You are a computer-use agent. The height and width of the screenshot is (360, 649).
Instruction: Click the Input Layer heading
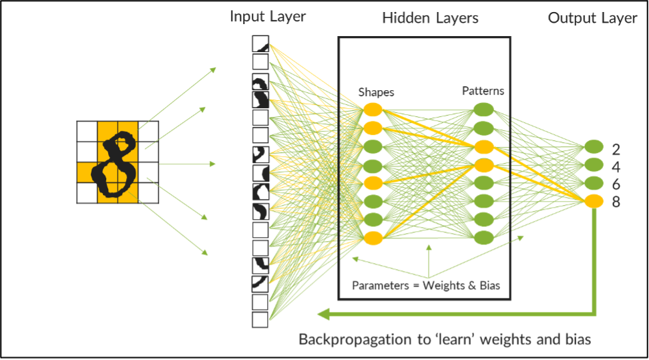pos(267,17)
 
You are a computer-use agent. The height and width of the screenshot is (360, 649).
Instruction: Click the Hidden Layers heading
pos(430,18)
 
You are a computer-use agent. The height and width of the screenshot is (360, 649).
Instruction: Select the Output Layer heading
pos(592,18)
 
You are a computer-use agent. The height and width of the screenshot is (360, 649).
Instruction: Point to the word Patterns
pos(483,91)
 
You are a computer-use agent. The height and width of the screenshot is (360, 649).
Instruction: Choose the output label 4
pos(616,166)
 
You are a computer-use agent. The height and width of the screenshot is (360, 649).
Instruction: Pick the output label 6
pos(616,184)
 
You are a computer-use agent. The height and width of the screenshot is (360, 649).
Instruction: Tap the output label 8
pos(616,201)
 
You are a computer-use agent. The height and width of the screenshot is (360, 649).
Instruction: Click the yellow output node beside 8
pos(594,201)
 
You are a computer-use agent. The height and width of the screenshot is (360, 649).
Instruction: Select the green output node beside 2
pos(594,147)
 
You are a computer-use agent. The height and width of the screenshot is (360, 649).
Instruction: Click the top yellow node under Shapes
pos(373,109)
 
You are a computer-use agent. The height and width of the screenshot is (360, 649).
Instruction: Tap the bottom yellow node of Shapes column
pos(373,238)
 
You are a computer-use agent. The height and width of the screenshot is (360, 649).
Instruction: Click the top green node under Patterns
pos(483,109)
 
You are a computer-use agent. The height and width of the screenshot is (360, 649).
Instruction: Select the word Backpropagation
pos(354,339)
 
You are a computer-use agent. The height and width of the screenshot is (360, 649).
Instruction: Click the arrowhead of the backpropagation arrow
pos(322,313)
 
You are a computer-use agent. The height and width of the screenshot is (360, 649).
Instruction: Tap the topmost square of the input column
pos(260,43)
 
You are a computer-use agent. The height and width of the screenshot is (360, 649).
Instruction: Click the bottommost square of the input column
pos(260,320)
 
